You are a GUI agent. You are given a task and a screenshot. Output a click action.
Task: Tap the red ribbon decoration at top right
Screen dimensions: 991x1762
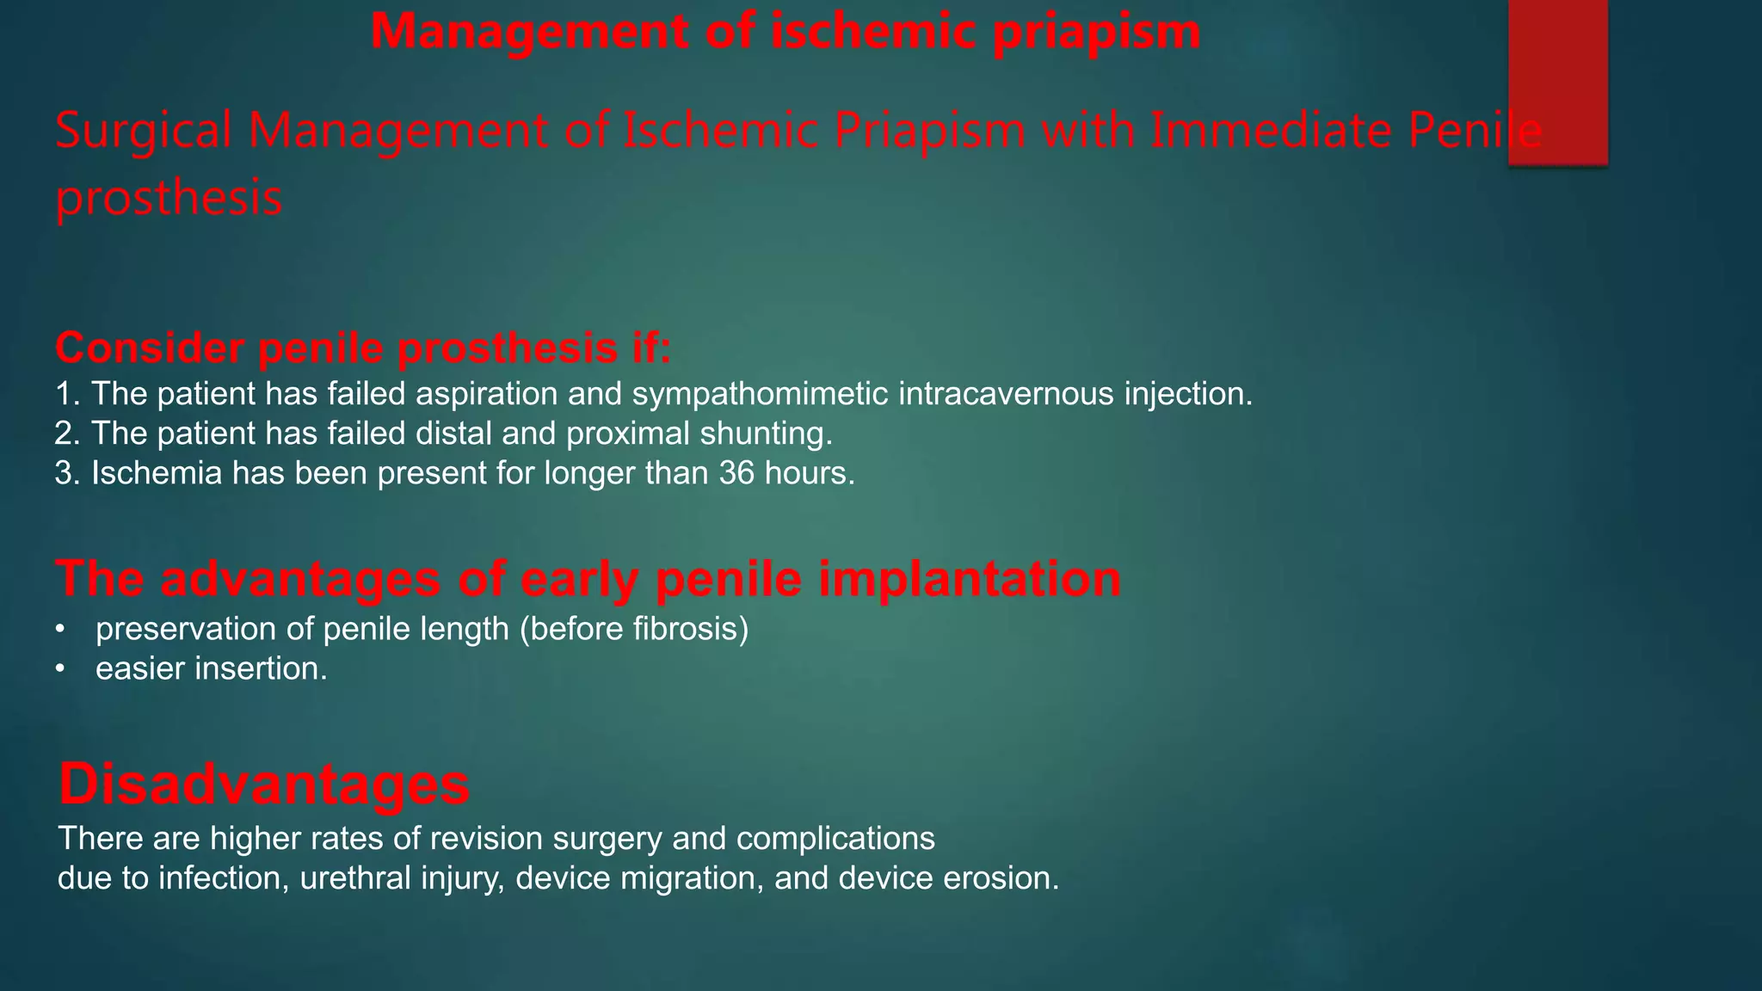click(1557, 82)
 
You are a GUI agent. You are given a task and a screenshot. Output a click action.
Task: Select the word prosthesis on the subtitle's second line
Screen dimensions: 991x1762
click(169, 198)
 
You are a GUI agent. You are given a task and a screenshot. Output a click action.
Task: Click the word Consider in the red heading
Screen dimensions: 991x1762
click(148, 348)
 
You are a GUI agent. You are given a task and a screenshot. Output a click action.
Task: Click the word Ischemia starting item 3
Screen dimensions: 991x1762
click(157, 473)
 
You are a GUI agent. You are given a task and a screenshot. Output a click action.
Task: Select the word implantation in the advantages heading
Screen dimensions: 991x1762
click(970, 578)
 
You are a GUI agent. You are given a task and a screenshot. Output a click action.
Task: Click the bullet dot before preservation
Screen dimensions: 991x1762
click(59, 630)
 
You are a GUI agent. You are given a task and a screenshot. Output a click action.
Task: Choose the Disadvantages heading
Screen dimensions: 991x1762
click(264, 784)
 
